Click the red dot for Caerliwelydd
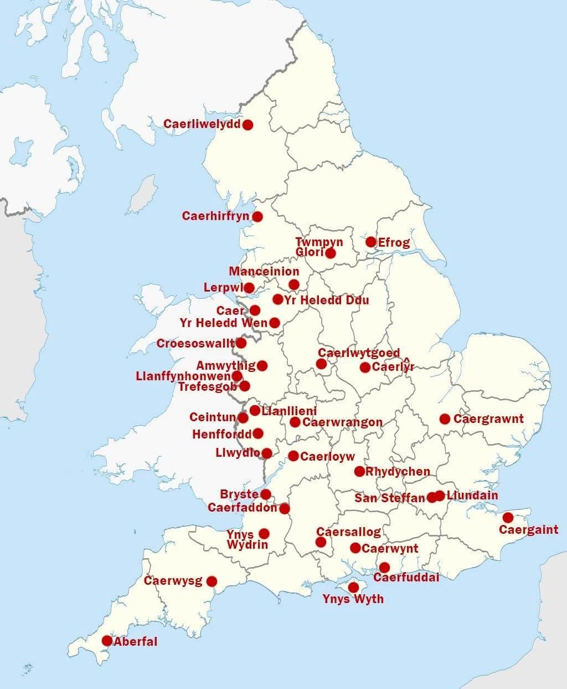pyautogui.click(x=248, y=125)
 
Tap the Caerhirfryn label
pyautogui.click(x=216, y=216)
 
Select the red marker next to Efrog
pyautogui.click(x=371, y=242)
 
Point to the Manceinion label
pyautogui.click(x=264, y=272)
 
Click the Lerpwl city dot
pyautogui.click(x=249, y=288)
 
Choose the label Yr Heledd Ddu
pyautogui.click(x=327, y=300)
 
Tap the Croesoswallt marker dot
pyautogui.click(x=241, y=343)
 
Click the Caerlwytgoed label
pyautogui.click(x=359, y=353)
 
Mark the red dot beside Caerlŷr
pyautogui.click(x=365, y=367)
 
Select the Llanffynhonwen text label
pyautogui.click(x=183, y=376)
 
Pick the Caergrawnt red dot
pyautogui.click(x=445, y=418)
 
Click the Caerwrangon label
pyautogui.click(x=342, y=422)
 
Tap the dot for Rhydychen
pyautogui.click(x=359, y=472)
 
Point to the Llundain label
pyautogui.click(x=472, y=495)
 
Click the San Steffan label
pyautogui.click(x=390, y=498)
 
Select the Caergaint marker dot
pyautogui.click(x=508, y=518)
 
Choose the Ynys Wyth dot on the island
pyautogui.click(x=353, y=588)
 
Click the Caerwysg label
pyautogui.click(x=173, y=581)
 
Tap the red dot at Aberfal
pyautogui.click(x=107, y=641)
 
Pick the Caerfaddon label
pyautogui.click(x=243, y=508)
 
